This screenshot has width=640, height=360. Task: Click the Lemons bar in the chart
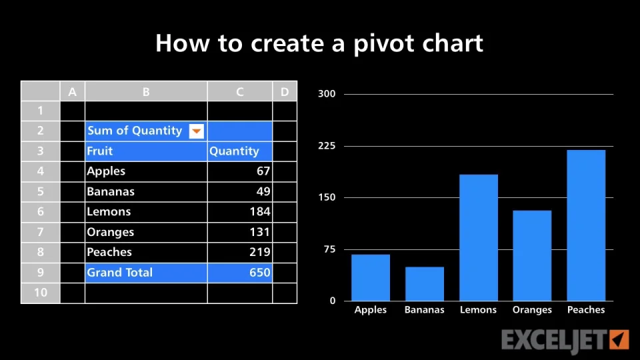(x=479, y=237)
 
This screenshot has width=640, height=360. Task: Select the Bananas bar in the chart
(x=425, y=284)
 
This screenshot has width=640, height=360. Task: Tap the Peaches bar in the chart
(x=586, y=225)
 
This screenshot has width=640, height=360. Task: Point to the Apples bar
(x=371, y=278)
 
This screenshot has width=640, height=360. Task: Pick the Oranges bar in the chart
(x=532, y=256)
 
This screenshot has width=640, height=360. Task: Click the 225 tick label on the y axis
(x=327, y=146)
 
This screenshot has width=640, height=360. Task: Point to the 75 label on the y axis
(x=329, y=249)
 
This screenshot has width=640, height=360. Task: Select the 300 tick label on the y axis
(x=327, y=94)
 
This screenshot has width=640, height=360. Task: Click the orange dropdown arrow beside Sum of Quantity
(x=196, y=131)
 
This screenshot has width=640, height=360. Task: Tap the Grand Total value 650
(x=239, y=273)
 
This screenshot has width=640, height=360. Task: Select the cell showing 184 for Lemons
(x=239, y=212)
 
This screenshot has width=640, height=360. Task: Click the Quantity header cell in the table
(x=239, y=151)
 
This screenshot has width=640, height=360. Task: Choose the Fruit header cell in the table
(x=146, y=151)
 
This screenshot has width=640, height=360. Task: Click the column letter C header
(x=239, y=91)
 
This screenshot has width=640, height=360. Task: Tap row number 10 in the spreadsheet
(x=41, y=293)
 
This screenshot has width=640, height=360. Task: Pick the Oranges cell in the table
(x=146, y=232)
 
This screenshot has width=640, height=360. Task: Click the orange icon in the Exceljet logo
(x=619, y=339)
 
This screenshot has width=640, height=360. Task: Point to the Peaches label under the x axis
(x=586, y=310)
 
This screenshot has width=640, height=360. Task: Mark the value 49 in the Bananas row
(x=263, y=191)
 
